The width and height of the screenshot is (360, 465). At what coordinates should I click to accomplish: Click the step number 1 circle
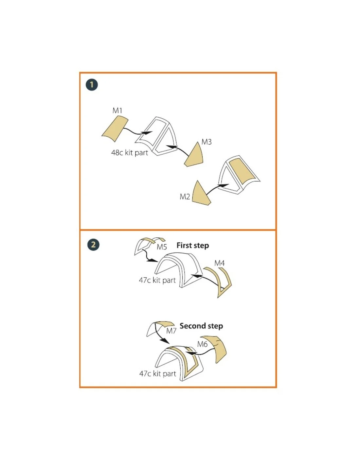[x=92, y=85]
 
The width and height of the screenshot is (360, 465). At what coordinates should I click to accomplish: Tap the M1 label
[x=117, y=111]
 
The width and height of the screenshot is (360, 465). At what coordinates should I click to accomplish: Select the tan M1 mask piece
[x=115, y=129]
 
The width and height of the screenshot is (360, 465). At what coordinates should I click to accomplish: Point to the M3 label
[x=207, y=142]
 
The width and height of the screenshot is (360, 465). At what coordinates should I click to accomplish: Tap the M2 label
[x=185, y=197]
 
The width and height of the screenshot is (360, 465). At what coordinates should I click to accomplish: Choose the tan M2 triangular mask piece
[x=200, y=194]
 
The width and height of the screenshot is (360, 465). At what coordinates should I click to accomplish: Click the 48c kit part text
[x=130, y=153]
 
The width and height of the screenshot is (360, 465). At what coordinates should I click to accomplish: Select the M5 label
[x=162, y=247]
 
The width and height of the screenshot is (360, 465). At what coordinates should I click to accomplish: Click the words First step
[x=192, y=246]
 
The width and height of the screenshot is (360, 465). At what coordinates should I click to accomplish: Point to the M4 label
[x=220, y=263]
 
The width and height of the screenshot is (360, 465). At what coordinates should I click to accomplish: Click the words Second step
[x=201, y=326]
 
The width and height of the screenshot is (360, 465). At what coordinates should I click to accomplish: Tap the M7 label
[x=171, y=331]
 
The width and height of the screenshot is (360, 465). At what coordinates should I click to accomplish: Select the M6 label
[x=202, y=344]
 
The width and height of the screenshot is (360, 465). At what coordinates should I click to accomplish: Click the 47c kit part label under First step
[x=157, y=280]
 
